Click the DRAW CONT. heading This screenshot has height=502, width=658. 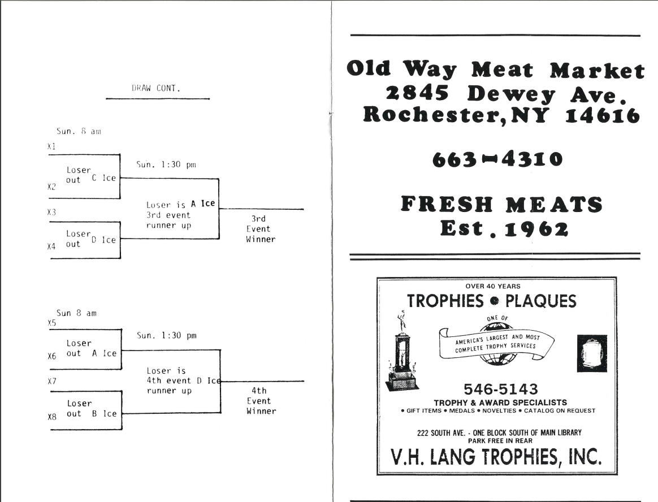156,88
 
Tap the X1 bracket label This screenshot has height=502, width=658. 51,146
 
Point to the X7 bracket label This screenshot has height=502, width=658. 52,381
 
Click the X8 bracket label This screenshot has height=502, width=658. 52,418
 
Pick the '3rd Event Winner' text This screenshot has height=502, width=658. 260,229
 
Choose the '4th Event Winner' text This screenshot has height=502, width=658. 261,401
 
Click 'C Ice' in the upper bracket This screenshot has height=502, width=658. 103,178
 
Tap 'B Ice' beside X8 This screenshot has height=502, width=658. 105,414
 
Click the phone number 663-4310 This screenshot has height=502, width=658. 497,160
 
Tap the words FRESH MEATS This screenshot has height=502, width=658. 501,204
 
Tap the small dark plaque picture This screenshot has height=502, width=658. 592,353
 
